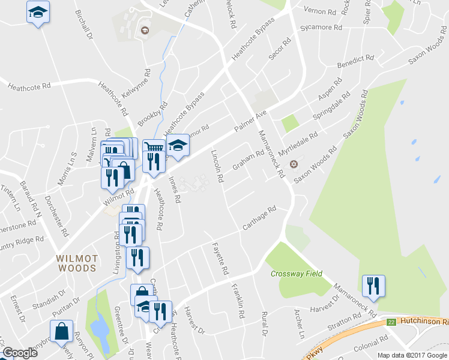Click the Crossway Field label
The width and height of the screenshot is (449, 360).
click(296, 274)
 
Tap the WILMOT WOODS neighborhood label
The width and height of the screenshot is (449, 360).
click(77, 263)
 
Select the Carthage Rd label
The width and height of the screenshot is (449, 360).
click(259, 218)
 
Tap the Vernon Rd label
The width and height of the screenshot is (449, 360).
click(320, 11)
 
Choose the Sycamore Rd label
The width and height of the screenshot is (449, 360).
click(321, 28)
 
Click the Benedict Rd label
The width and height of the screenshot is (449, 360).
click(355, 61)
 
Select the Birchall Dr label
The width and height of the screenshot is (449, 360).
click(84, 25)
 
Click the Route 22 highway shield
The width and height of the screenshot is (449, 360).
click(391, 322)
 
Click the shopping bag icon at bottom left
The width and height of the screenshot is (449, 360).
click(62, 330)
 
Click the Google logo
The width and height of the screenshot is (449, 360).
click(20, 353)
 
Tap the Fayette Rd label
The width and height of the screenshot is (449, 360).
click(220, 259)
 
